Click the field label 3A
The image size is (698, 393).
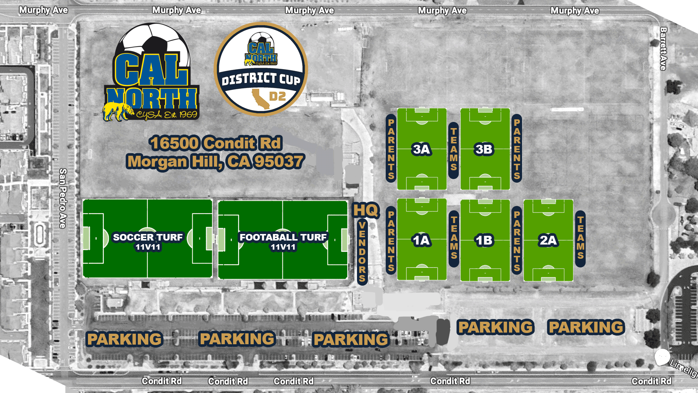click(421, 149)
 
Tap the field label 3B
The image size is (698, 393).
click(484, 149)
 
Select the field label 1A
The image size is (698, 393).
click(421, 240)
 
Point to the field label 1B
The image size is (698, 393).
click(484, 240)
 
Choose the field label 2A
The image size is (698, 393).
click(548, 240)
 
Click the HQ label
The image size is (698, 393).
click(366, 210)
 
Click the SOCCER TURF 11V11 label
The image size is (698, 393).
click(148, 242)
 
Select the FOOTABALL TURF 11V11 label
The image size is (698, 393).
click(283, 242)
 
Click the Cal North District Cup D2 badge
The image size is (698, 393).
click(261, 69)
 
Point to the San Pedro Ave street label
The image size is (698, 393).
click(63, 198)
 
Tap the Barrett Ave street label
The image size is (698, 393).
click(663, 49)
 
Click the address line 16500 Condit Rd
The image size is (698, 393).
click(216, 143)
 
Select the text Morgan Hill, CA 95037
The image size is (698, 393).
click(216, 162)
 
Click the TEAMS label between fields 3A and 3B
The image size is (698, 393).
click(453, 149)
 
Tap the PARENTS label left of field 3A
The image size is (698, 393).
click(391, 149)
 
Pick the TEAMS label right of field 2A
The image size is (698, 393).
click(580, 238)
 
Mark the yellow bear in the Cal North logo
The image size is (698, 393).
click(117, 111)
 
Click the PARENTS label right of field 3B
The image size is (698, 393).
click(517, 149)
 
